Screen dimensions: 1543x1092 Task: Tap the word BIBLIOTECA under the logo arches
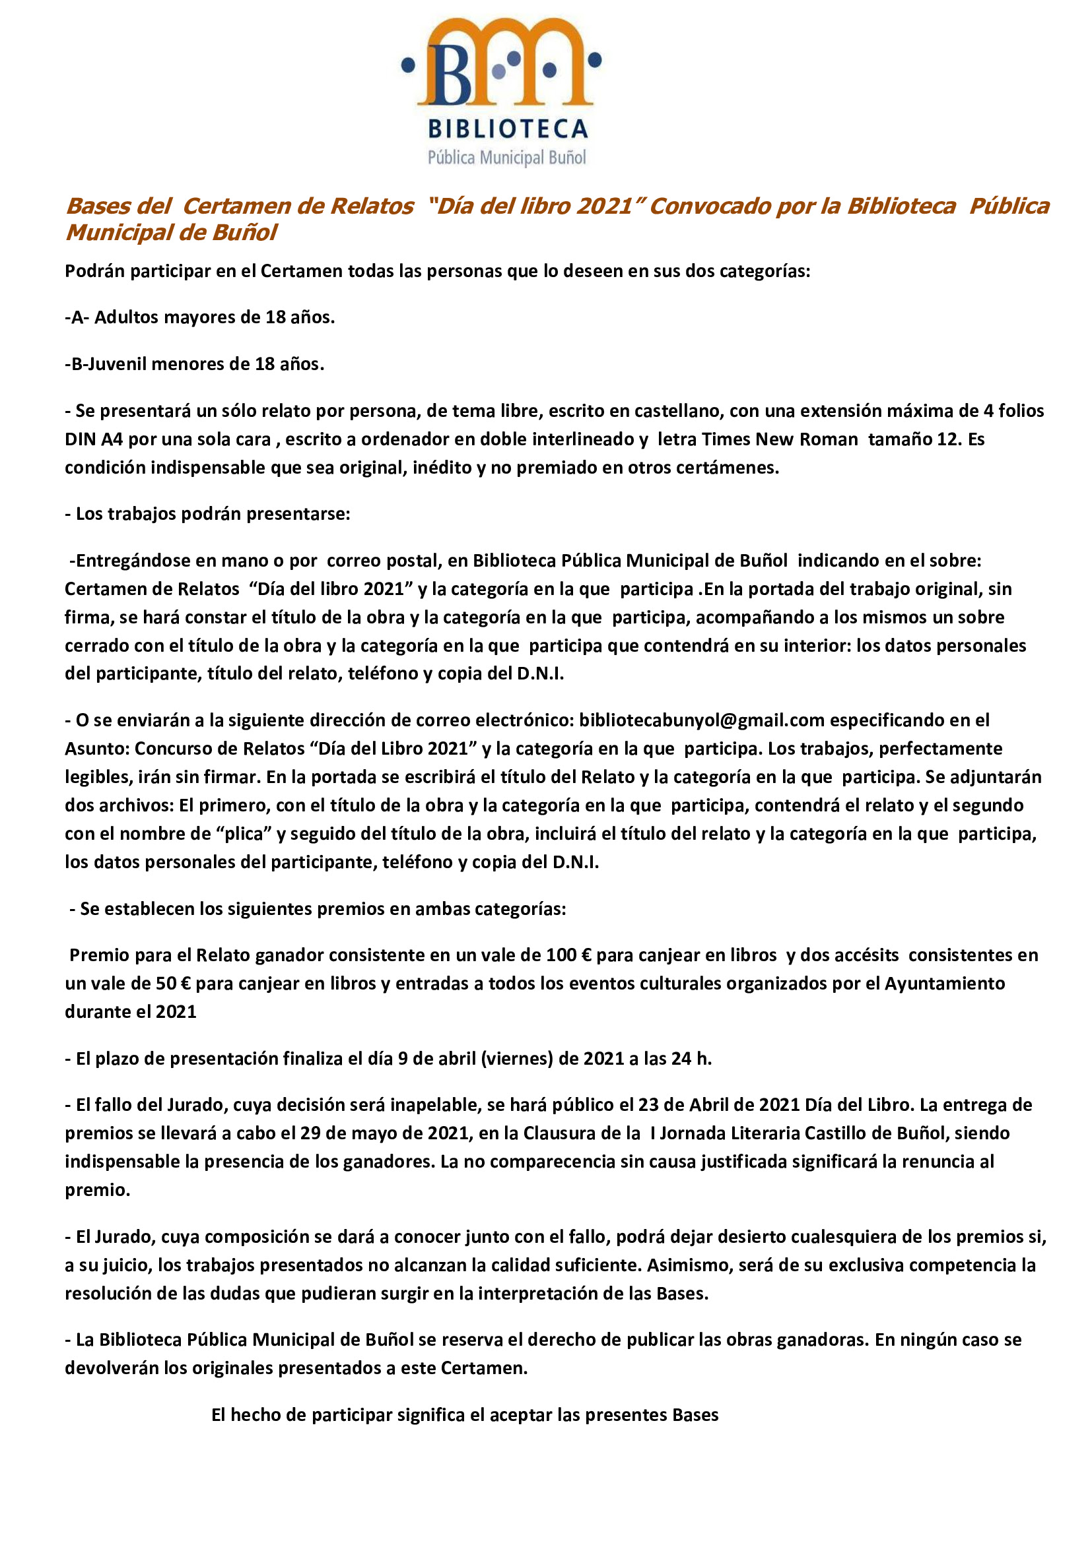click(x=508, y=129)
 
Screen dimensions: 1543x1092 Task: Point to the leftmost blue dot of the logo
click(x=407, y=65)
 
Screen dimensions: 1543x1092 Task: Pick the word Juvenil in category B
click(x=115, y=364)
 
